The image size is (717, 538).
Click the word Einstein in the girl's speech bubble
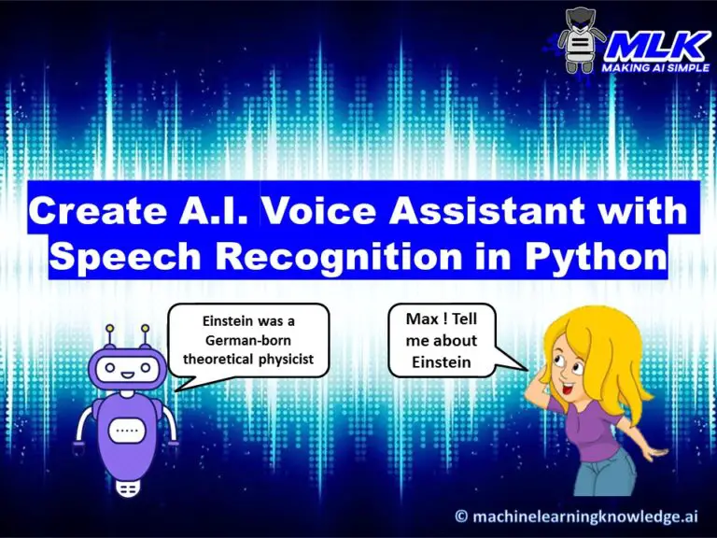click(x=443, y=361)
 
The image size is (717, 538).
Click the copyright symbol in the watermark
click(x=461, y=516)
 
